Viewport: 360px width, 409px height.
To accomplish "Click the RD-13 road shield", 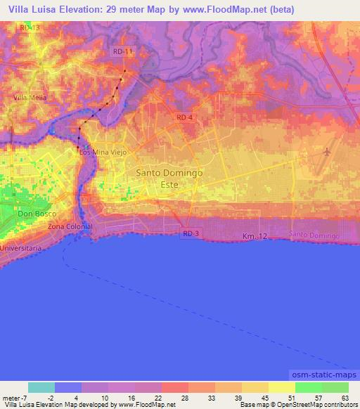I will (30, 27).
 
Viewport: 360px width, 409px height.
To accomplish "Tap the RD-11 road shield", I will (122, 51).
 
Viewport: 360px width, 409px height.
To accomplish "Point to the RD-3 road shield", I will (191, 233).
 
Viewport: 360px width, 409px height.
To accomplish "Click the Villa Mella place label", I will (30, 98).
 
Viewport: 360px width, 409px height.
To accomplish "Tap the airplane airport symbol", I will (327, 152).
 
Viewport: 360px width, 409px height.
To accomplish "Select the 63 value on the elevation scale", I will (345, 398).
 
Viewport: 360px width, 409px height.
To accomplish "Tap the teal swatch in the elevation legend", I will (41, 387).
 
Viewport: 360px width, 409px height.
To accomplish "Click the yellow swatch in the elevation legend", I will (281, 387).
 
